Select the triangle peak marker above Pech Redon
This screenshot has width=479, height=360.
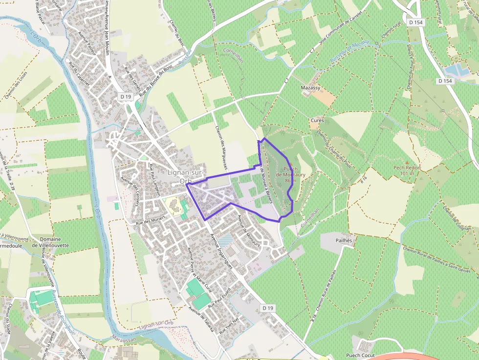(407, 162)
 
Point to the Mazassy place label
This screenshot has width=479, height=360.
(310, 88)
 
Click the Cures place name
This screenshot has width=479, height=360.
(317, 120)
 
